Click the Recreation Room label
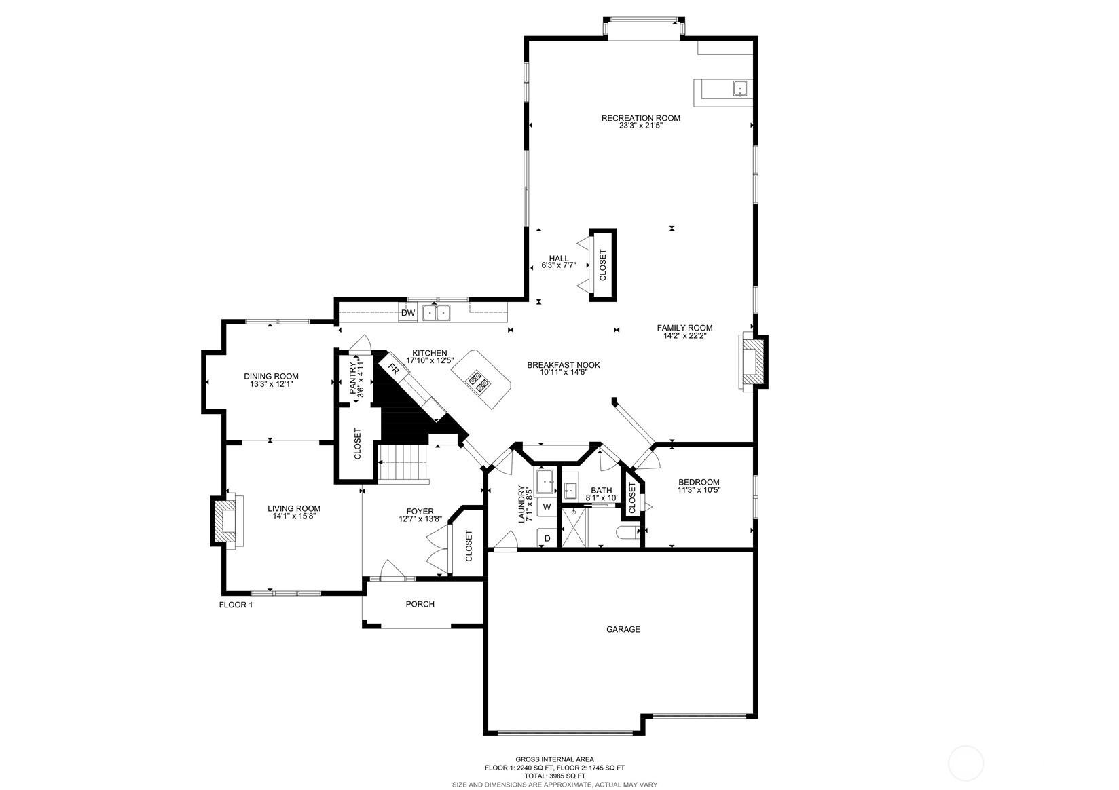coord(640,118)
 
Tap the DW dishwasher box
coord(408,313)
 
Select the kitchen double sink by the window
coord(437,313)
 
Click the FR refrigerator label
coord(393,369)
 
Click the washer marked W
coord(547,507)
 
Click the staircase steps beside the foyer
coord(403,464)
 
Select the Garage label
coord(623,630)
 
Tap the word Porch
coord(420,604)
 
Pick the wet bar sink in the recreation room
coord(739,88)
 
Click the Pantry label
coord(353,378)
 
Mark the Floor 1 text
coord(236,605)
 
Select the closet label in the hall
coord(602,265)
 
